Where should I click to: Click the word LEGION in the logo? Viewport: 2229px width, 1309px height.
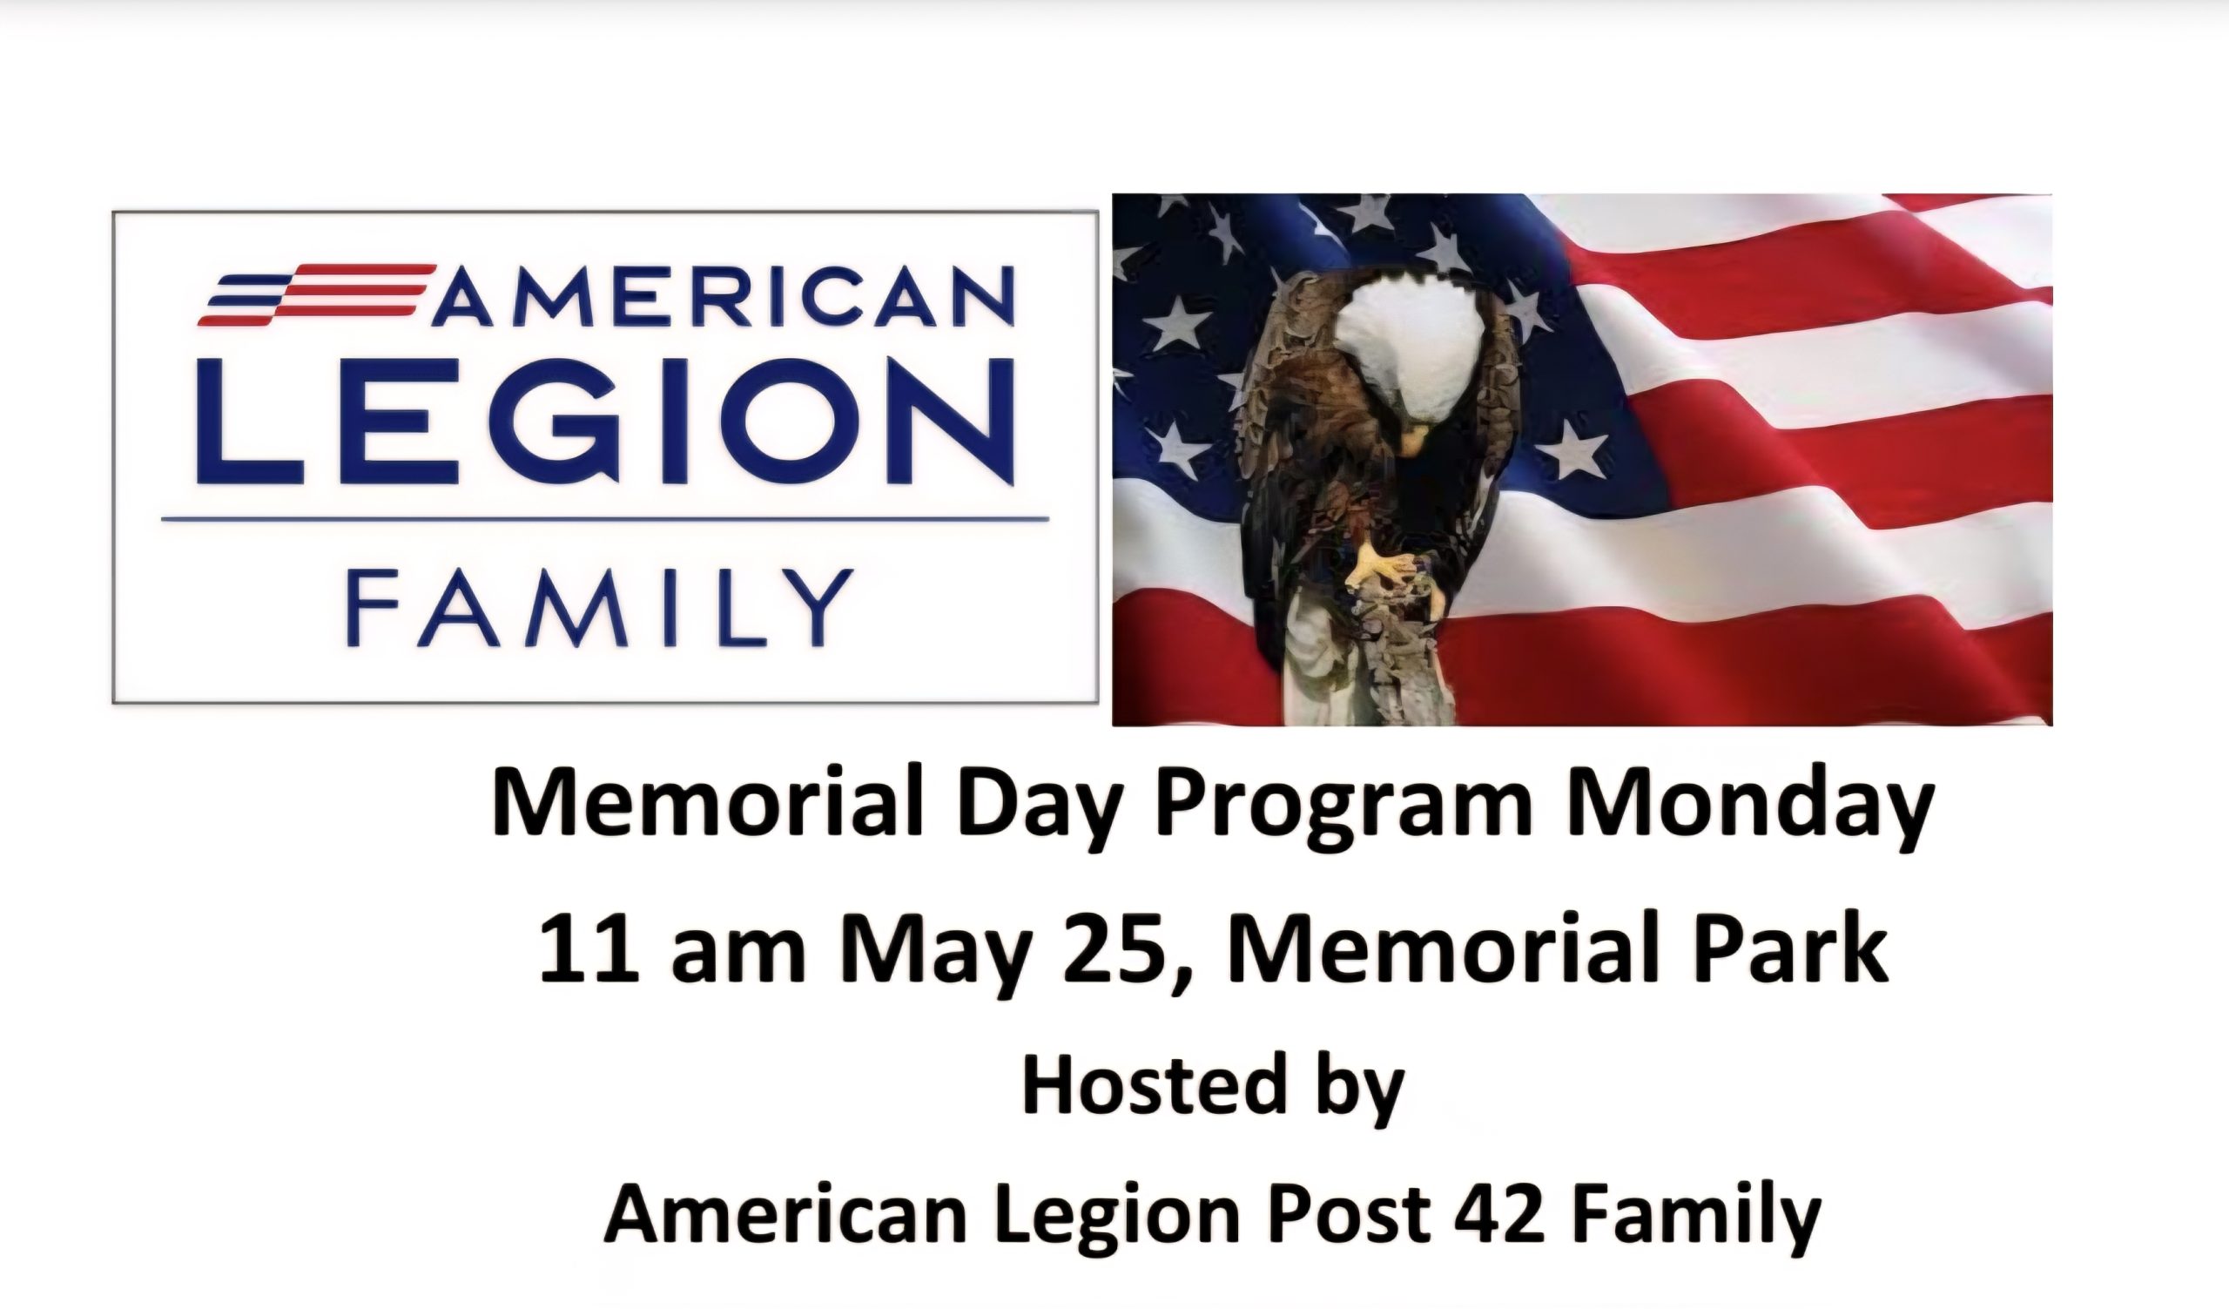605,422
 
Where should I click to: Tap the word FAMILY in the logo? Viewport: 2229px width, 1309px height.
600,608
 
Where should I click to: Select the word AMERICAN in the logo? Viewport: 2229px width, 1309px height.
723,296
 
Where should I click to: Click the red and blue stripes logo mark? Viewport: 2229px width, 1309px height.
317,294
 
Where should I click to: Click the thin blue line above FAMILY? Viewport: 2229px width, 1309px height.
605,519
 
